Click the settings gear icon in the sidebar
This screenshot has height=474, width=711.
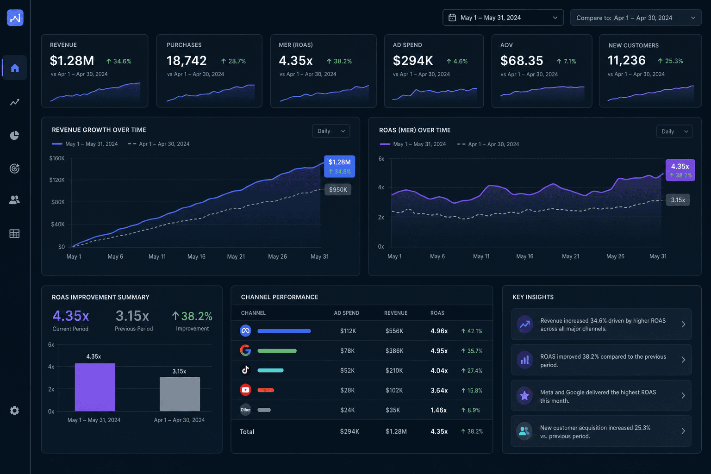click(14, 411)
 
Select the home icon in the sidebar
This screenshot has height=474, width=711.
click(15, 68)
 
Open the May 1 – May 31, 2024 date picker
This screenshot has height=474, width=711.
click(503, 18)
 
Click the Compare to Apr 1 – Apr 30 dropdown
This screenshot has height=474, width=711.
click(636, 18)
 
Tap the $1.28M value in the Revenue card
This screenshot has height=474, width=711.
click(72, 61)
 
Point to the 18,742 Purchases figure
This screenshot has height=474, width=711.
click(187, 61)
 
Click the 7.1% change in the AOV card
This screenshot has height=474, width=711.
click(567, 61)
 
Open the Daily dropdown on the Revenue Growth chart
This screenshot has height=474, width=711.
click(331, 131)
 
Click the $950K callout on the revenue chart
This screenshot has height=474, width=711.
click(338, 189)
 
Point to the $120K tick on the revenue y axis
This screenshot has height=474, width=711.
click(57, 180)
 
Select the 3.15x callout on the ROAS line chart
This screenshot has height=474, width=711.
click(678, 200)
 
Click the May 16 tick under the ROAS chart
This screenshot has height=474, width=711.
click(524, 256)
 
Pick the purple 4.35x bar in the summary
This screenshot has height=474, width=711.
click(95, 387)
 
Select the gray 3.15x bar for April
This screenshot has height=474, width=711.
click(180, 394)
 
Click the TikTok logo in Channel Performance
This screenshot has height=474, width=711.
click(245, 370)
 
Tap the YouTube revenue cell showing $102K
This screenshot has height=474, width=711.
click(394, 390)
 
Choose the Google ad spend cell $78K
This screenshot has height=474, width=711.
click(347, 351)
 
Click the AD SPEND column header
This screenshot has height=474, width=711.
click(347, 313)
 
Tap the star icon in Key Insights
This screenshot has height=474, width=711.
click(524, 396)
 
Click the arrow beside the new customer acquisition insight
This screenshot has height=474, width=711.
click(683, 431)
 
